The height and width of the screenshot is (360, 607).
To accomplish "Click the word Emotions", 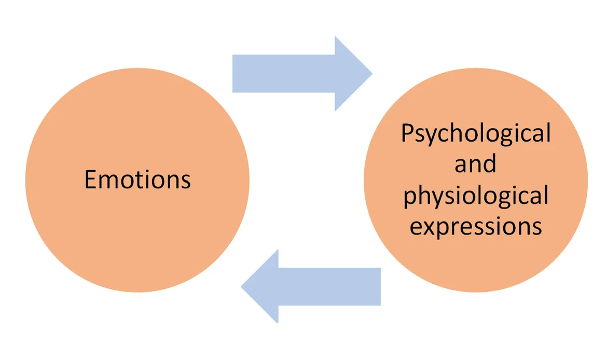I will pyautogui.click(x=137, y=179).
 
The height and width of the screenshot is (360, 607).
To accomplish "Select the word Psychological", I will pyautogui.click(x=475, y=134).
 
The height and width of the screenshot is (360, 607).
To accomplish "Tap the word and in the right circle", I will pyautogui.click(x=475, y=164).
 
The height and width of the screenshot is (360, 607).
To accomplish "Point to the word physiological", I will pyautogui.click(x=476, y=196).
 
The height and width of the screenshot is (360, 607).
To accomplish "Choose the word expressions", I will pyautogui.click(x=476, y=227).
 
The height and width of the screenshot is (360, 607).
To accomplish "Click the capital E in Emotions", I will pyautogui.click(x=91, y=179).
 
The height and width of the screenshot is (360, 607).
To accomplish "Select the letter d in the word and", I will pyautogui.click(x=489, y=163).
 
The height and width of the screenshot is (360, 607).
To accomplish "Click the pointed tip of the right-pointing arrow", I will pyautogui.click(x=371, y=73).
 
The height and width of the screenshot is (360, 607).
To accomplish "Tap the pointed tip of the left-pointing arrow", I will pyautogui.click(x=242, y=286).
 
